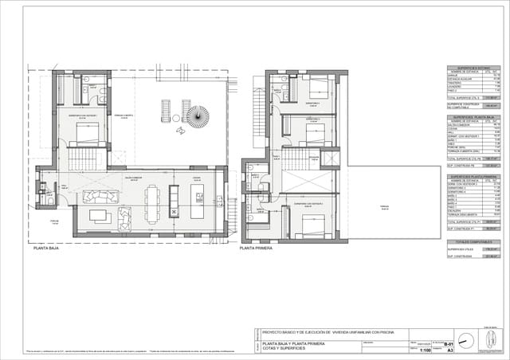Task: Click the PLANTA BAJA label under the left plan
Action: click(x=48, y=248)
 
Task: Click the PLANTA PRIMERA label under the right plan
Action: click(x=257, y=248)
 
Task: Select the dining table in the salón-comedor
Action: click(x=151, y=202)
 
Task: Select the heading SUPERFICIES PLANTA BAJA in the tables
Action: click(x=471, y=116)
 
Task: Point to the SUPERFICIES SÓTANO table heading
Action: click(x=471, y=68)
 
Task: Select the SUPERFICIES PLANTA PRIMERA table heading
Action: click(x=471, y=177)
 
